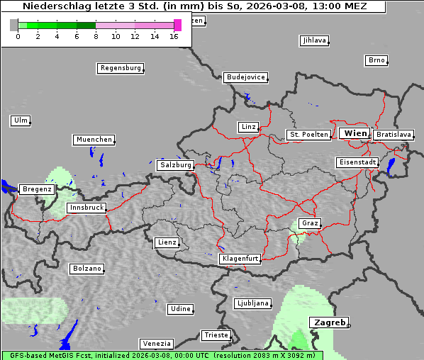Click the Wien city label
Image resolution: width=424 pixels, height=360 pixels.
[355, 133]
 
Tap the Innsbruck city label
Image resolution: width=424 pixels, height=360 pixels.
[87, 208]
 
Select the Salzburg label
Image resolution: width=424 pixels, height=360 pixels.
[176, 165]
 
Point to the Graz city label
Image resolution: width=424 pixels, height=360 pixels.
[310, 223]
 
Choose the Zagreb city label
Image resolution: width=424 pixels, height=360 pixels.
[329, 322]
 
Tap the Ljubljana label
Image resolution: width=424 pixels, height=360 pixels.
[252, 303]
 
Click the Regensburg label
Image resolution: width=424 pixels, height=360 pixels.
[120, 68]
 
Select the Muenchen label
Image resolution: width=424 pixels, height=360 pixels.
[94, 140]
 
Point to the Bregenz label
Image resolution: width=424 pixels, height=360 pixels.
[36, 189]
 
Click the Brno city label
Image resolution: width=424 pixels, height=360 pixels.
[376, 60]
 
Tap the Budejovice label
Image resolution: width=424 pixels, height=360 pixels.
[245, 77]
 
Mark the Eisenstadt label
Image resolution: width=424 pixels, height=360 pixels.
[357, 162]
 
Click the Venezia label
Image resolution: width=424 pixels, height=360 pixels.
[156, 344]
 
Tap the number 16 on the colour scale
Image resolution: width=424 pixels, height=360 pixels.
[174, 36]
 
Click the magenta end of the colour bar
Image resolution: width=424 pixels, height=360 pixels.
[177, 25]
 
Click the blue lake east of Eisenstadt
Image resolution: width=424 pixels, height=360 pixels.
[391, 166]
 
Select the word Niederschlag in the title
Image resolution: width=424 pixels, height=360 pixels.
[52, 6]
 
